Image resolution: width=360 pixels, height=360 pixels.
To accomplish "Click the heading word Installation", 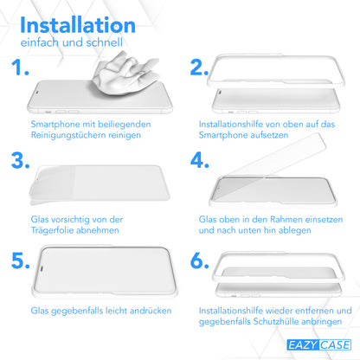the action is (78, 25).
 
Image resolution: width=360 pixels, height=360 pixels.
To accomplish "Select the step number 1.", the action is (20, 67).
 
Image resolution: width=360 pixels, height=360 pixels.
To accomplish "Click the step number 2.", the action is (199, 67).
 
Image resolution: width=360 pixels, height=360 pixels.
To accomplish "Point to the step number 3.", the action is (21, 160).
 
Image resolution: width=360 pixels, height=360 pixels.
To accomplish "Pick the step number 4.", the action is (200, 160).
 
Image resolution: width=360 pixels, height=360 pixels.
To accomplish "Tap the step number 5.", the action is (21, 260).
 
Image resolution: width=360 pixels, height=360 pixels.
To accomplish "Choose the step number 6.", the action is (200, 260).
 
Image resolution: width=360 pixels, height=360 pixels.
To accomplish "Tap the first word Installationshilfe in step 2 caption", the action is (230, 125).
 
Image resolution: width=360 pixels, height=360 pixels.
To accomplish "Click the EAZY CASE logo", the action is (318, 345).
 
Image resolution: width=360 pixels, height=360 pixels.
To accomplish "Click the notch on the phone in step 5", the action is (42, 268).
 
